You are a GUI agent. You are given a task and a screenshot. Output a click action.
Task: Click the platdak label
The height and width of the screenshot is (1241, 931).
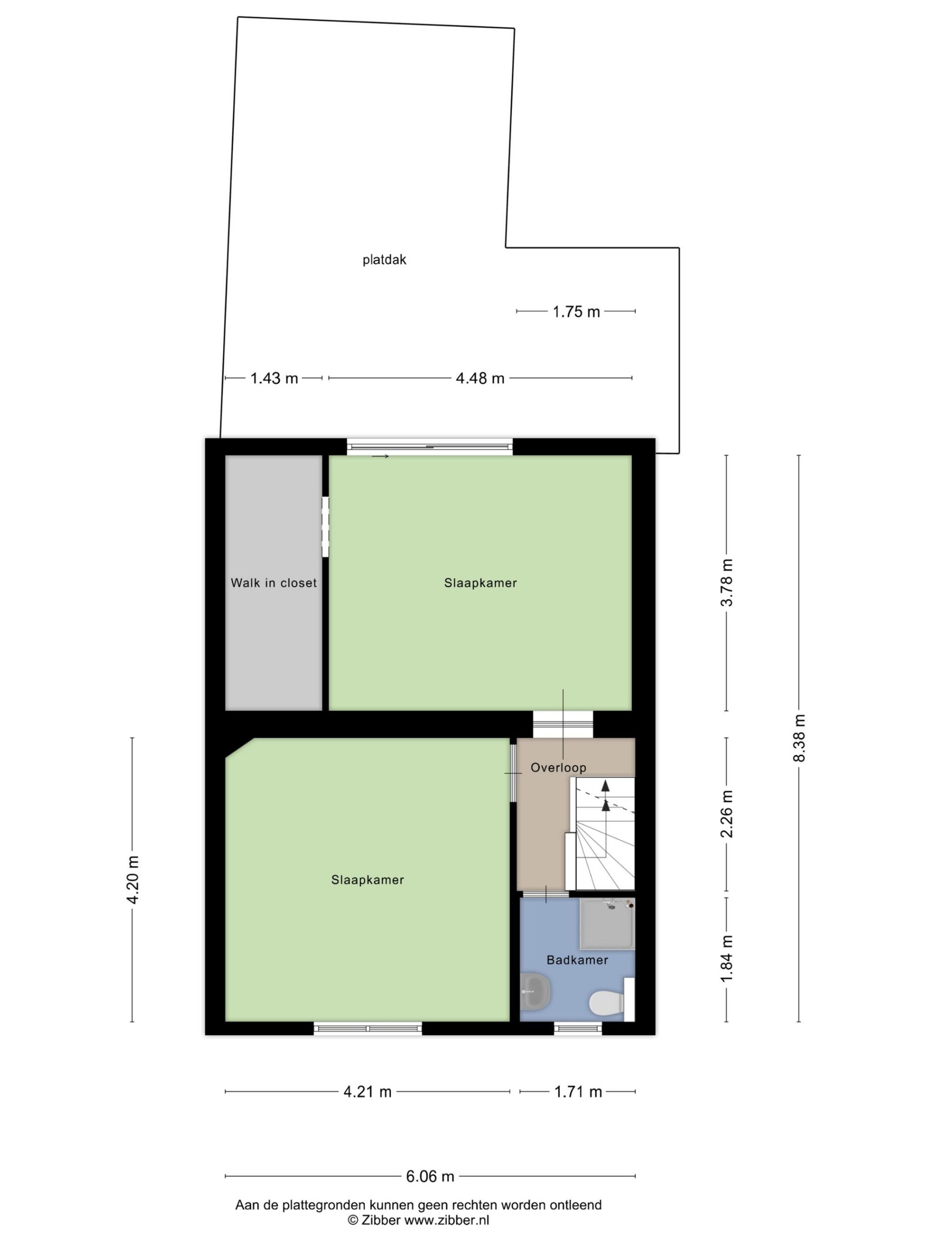coord(384,260)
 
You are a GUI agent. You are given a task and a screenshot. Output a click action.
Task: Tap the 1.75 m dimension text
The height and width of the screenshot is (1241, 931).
coord(576,312)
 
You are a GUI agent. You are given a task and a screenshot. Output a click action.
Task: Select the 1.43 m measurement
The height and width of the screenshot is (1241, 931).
coord(274,378)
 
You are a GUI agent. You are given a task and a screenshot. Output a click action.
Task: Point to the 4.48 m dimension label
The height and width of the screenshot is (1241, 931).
coord(480,378)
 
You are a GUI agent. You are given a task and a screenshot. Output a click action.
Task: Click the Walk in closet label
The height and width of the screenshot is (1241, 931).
coord(274,583)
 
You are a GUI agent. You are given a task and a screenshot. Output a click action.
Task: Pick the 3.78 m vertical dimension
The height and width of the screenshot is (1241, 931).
coord(727,583)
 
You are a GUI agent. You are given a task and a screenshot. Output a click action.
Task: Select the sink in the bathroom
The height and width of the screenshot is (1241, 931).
coord(535,992)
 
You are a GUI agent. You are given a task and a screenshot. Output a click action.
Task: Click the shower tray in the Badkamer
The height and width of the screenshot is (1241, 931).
coord(607,924)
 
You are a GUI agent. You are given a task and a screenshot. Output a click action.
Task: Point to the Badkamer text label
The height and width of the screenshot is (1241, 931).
coord(578,960)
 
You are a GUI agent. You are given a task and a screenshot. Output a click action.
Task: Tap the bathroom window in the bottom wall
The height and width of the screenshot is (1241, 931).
coord(578,1028)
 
